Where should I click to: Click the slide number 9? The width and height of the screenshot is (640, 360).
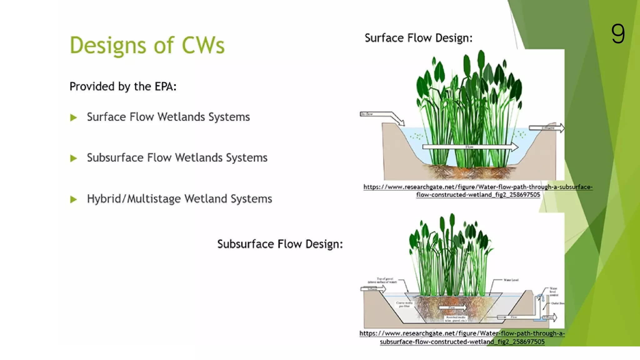pyautogui.click(x=618, y=34)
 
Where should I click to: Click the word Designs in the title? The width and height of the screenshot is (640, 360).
pyautogui.click(x=108, y=46)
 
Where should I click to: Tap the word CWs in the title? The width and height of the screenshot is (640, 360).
pyautogui.click(x=203, y=46)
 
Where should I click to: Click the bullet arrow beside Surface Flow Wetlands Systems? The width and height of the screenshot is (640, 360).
pyautogui.click(x=73, y=118)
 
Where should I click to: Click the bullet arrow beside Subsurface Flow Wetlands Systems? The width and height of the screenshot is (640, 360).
pyautogui.click(x=73, y=158)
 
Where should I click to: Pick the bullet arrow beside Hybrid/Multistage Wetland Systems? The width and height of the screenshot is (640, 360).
pyautogui.click(x=73, y=199)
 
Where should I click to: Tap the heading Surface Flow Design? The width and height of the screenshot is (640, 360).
pyautogui.click(x=418, y=38)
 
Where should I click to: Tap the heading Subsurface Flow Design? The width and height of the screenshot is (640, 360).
pyautogui.click(x=280, y=244)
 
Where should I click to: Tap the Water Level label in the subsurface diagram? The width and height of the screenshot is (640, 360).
pyautogui.click(x=511, y=280)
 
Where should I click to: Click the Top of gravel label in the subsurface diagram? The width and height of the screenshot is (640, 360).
pyautogui.click(x=383, y=280)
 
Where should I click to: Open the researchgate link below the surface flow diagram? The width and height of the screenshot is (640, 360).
pyautogui.click(x=478, y=191)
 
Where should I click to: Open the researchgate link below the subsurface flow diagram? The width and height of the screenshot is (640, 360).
pyautogui.click(x=462, y=337)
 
